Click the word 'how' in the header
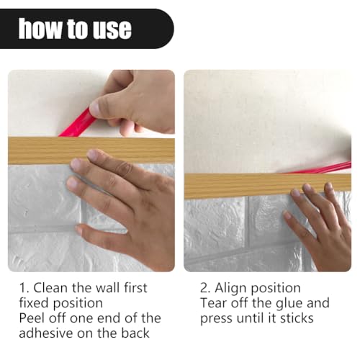[x=39, y=29]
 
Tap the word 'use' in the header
[x=111, y=29]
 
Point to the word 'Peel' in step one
[x=32, y=318]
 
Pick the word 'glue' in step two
[x=297, y=303]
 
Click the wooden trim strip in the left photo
[x=43, y=150]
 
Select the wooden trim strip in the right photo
[x=230, y=185]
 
